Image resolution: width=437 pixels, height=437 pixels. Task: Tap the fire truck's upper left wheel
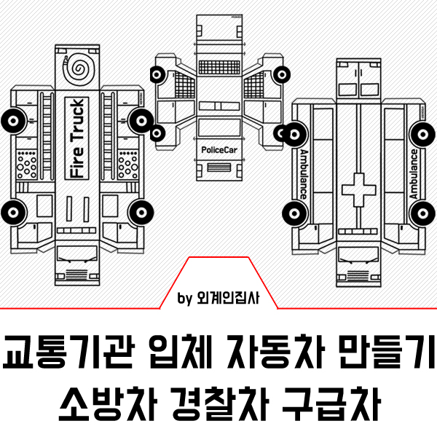coord(12,119)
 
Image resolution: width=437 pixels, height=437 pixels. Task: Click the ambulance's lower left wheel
coord(294,213)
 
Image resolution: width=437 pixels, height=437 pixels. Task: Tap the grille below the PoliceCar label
coord(219,167)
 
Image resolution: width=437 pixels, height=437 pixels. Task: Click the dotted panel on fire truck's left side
coord(27,165)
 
